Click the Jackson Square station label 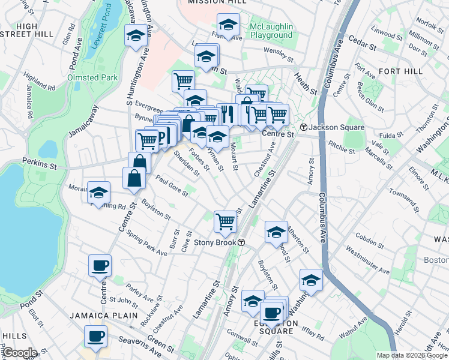(333, 127)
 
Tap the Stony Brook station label (218, 242)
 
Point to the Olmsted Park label (92, 78)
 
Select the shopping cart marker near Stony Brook (225, 221)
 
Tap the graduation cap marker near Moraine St (99, 192)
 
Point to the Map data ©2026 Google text (412, 355)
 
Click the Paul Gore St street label (172, 186)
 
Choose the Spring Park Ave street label (147, 245)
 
